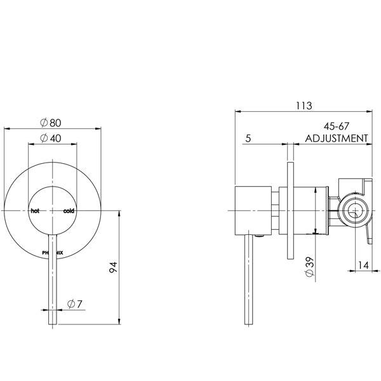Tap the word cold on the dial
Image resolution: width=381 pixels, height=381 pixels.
(69, 211)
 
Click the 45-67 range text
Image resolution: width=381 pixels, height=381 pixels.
(337, 128)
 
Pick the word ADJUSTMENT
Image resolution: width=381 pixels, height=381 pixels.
(337, 138)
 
